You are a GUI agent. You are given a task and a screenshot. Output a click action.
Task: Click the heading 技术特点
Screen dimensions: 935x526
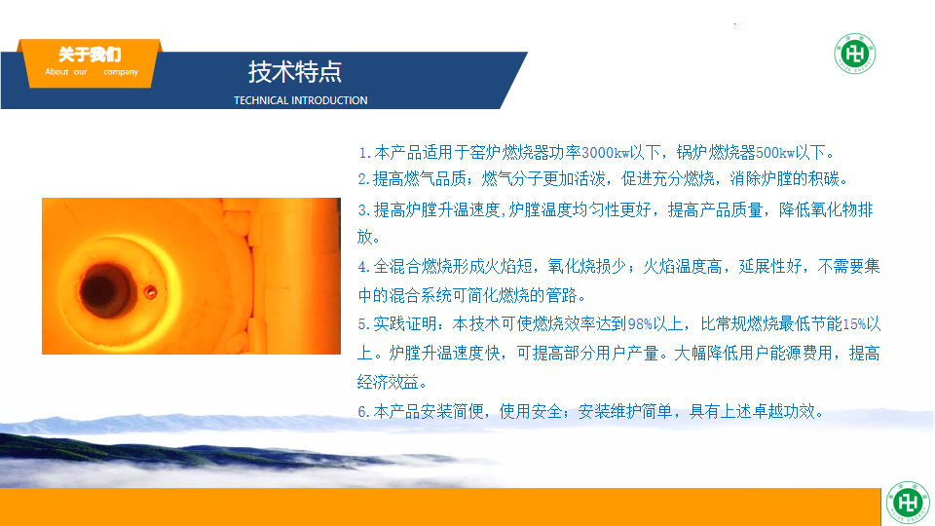coord(294,72)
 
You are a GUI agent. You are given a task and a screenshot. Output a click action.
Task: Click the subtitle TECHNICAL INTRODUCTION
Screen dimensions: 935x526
coord(301,100)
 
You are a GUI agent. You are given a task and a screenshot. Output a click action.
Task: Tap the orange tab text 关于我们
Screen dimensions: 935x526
coord(90,55)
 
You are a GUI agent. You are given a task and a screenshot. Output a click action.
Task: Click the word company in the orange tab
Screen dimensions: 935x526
coord(121,72)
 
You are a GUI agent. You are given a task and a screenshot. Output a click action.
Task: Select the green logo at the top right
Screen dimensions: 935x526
coord(854,54)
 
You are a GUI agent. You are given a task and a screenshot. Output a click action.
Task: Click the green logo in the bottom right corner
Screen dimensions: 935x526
coord(908,503)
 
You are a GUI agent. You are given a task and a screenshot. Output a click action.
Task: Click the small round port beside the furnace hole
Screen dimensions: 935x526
coord(150,292)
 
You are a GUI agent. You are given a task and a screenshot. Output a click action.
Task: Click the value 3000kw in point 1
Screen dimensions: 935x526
coord(606,153)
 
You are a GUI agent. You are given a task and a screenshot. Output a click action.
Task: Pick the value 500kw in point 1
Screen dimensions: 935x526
coord(775,153)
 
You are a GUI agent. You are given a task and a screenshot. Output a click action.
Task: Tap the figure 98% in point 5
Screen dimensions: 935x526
coord(640,324)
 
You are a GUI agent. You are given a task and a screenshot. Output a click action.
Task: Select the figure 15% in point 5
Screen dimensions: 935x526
coord(854,324)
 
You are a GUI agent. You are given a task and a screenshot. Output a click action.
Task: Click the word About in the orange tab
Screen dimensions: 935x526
coord(56,71)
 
